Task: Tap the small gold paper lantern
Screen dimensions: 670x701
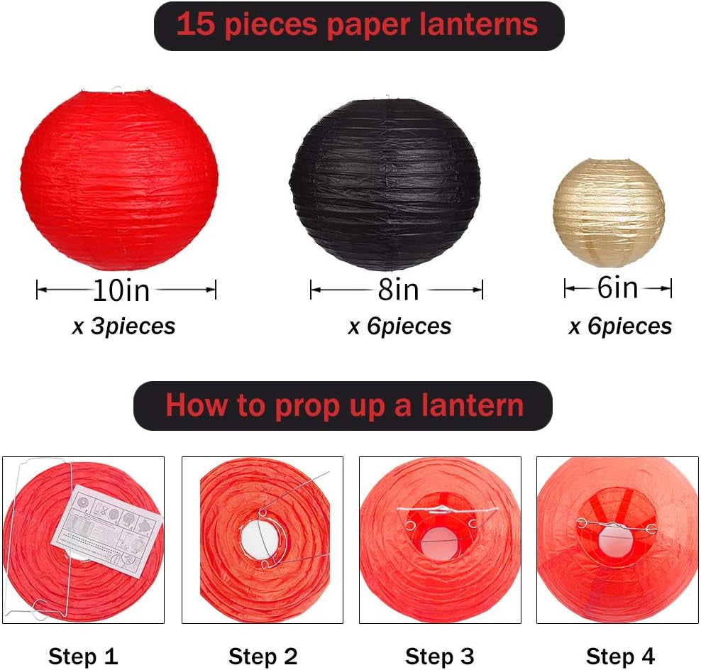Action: click(x=608, y=212)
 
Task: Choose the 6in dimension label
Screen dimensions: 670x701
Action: click(x=617, y=287)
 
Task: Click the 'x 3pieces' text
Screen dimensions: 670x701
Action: click(x=123, y=326)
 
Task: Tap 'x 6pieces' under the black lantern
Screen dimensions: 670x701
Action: click(x=399, y=326)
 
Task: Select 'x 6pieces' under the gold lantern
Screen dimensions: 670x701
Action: click(x=620, y=326)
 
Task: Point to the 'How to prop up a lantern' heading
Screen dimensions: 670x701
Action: click(x=343, y=406)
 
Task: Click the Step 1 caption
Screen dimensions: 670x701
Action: click(x=83, y=655)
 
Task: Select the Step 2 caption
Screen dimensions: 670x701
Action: click(x=263, y=655)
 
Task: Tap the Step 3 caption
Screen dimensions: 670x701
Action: click(x=439, y=655)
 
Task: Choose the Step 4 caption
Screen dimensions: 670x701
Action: click(x=620, y=655)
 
